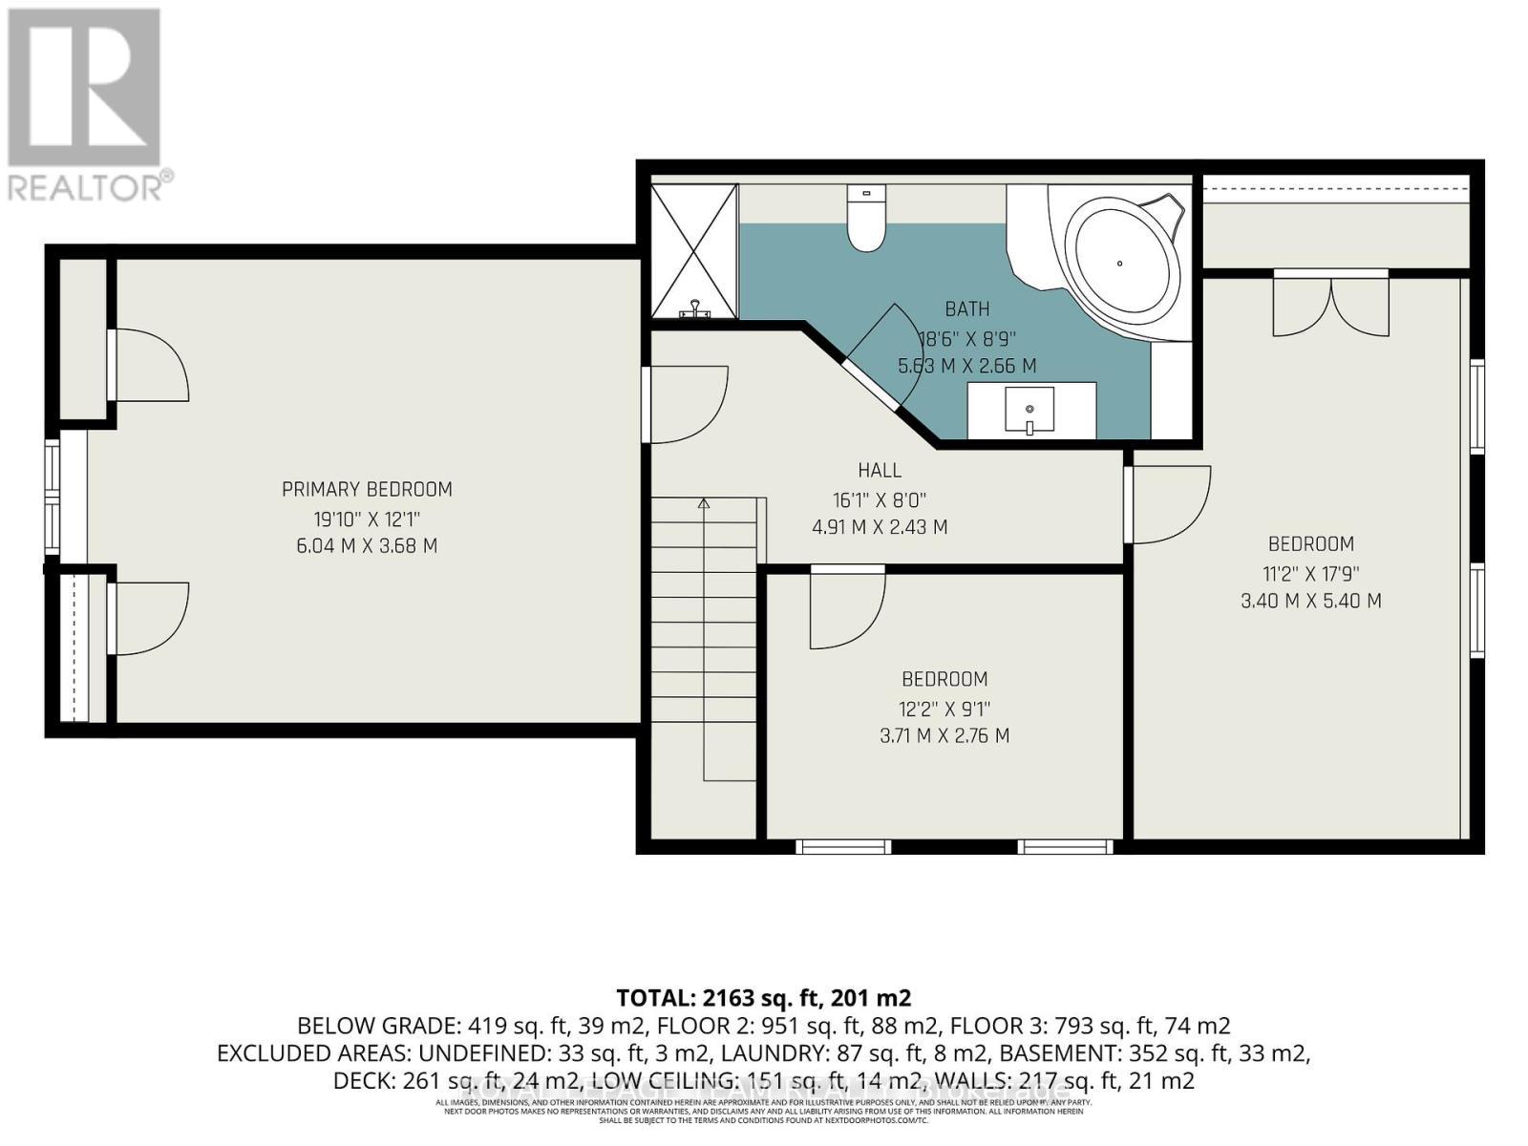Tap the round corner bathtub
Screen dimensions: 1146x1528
coord(1119,262)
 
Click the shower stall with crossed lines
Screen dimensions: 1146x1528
coord(694,250)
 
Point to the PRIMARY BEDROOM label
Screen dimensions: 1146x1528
coord(367,489)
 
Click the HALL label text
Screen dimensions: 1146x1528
coord(879,470)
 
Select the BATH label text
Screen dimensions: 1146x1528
coord(966,308)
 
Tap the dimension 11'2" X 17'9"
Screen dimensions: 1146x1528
coord(1310,573)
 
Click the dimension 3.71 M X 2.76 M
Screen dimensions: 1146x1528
coord(944,735)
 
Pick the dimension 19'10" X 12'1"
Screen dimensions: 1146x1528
coord(367,519)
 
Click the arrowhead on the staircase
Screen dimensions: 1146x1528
coord(704,502)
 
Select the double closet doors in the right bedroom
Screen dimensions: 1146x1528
coord(1330,304)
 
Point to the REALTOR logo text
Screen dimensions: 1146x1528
coord(91,185)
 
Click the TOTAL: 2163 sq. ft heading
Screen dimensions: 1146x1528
coord(763,998)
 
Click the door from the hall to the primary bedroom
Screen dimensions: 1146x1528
coord(685,405)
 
